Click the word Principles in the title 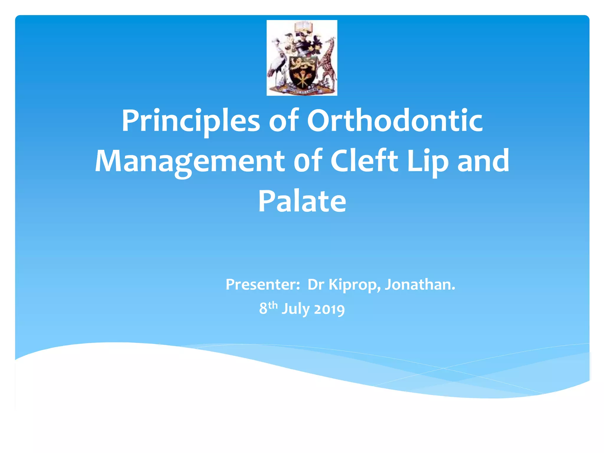tap(191, 121)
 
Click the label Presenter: tap(263, 285)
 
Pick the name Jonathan tap(420, 285)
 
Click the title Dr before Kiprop tap(316, 285)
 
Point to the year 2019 tap(329, 309)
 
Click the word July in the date tap(296, 309)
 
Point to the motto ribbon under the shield tap(302, 90)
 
